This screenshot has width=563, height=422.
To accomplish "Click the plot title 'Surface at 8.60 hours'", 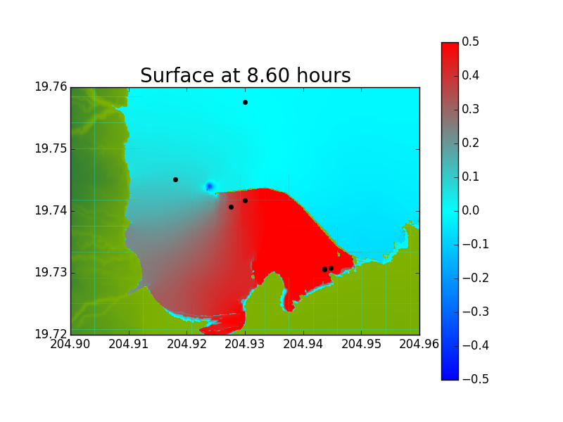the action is [x=245, y=75].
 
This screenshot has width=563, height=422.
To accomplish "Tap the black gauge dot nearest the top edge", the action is [x=245, y=102].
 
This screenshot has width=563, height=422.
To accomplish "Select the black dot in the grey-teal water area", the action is [x=175, y=179].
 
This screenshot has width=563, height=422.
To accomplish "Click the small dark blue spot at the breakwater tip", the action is [x=210, y=186].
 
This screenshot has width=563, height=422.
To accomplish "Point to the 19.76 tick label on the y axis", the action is [x=51, y=87].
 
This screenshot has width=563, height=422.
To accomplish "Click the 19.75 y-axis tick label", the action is [x=51, y=148].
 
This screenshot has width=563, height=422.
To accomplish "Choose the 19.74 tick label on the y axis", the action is [x=51, y=210].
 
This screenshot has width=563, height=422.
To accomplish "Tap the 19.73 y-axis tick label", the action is [x=51, y=272].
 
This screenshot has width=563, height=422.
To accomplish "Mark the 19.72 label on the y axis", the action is [x=51, y=334].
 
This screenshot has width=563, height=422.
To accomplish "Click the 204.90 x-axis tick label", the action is [x=70, y=344].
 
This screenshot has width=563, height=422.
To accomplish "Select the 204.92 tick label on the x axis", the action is [x=187, y=344].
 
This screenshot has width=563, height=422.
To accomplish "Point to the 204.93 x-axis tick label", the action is [x=245, y=344].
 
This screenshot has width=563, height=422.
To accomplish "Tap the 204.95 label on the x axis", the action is [x=361, y=344].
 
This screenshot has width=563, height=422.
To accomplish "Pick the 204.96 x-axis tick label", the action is [x=419, y=344].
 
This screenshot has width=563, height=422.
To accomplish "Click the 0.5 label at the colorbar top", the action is [x=470, y=41].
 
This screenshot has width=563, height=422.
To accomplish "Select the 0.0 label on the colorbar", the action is [x=470, y=210].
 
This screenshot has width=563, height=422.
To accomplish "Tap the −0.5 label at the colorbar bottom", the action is [x=476, y=379].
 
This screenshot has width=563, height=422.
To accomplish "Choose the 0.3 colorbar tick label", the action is [x=470, y=109].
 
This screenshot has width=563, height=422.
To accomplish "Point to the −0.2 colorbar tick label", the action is [x=476, y=278].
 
